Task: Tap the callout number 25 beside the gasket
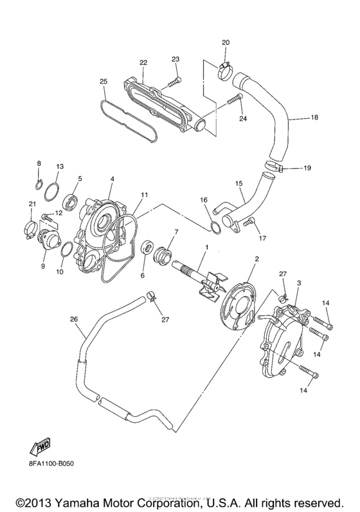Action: point(104,81)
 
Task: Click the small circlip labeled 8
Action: point(39,187)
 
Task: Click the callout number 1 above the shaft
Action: point(206,247)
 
